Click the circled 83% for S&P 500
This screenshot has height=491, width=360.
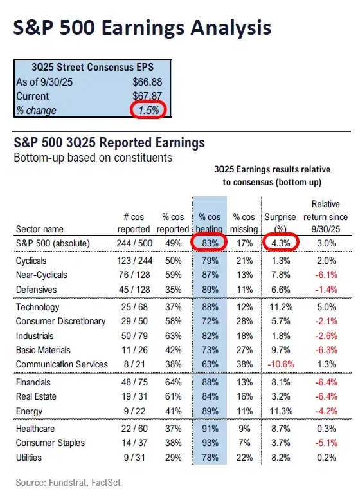[x=209, y=243]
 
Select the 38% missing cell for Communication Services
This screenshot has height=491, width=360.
[x=244, y=364]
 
